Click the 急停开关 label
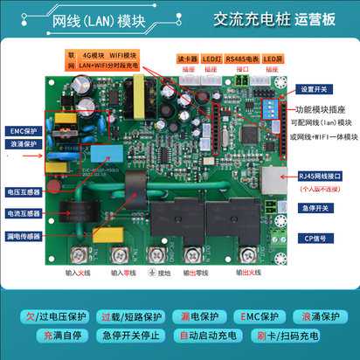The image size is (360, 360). pos(318,208)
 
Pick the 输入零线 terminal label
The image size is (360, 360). pos(120,273)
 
